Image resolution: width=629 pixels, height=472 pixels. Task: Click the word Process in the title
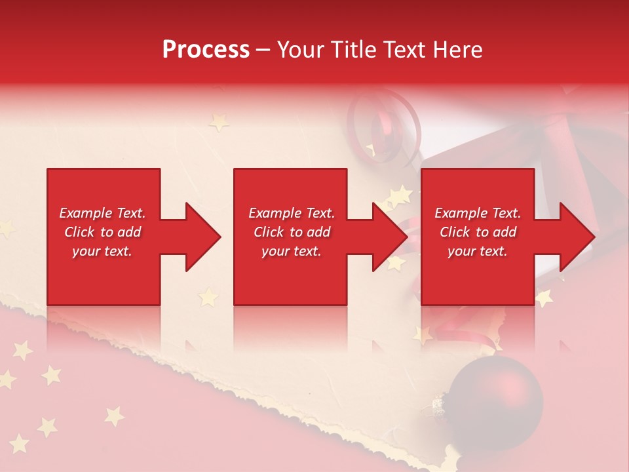(206, 50)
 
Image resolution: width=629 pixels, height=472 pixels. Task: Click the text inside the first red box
(102, 232)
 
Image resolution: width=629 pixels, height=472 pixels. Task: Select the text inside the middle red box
(292, 232)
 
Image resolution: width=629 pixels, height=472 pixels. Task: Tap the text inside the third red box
(478, 232)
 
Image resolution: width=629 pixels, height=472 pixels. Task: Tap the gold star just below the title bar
(218, 122)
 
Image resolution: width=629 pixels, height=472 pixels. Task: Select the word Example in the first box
(85, 213)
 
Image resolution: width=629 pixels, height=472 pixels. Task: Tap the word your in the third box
(461, 251)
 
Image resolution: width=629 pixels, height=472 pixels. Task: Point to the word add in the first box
(129, 232)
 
